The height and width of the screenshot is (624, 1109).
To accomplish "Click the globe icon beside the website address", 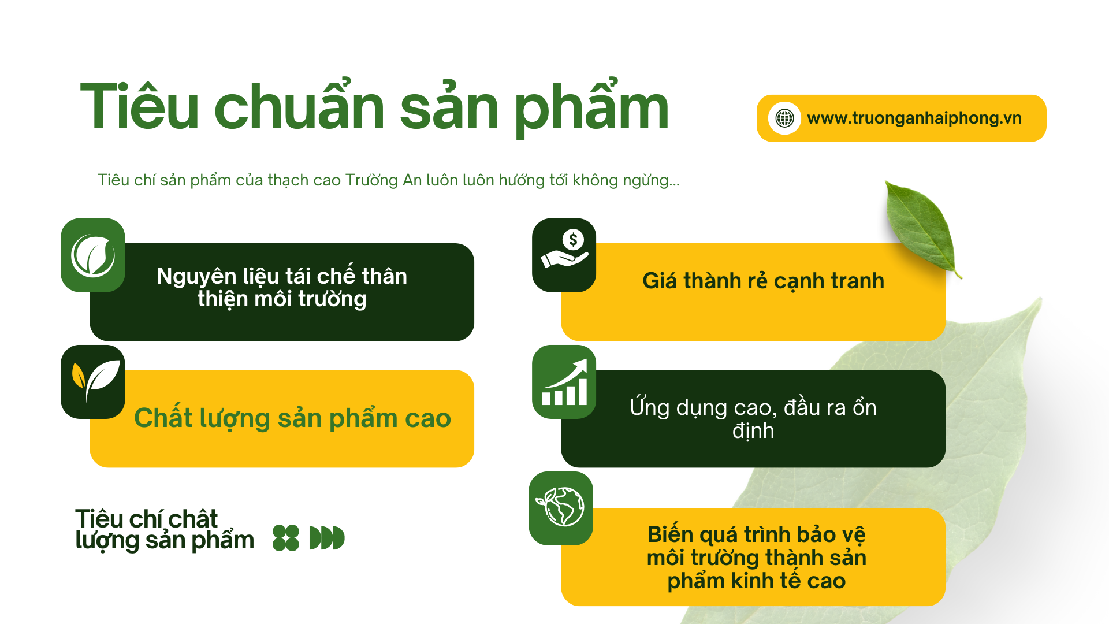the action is [x=784, y=118].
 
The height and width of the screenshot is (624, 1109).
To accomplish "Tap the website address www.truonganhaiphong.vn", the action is [x=914, y=118].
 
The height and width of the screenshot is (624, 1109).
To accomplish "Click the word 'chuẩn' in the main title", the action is [x=300, y=104].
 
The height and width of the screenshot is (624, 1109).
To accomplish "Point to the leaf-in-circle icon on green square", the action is [x=93, y=255].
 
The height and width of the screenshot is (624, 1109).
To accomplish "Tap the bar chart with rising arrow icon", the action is [x=564, y=382].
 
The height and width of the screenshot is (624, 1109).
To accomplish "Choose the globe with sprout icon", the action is [x=560, y=507].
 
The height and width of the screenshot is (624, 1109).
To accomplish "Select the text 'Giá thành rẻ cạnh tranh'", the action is [x=764, y=281].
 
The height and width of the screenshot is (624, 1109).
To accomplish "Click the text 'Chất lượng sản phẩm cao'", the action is [x=292, y=418].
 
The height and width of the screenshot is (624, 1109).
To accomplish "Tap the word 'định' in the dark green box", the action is [x=753, y=431].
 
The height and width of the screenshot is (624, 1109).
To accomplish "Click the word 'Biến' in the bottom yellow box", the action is [x=670, y=534].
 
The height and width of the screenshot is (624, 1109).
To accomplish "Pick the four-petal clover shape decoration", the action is [x=286, y=538].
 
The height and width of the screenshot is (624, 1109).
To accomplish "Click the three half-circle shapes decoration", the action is [x=327, y=538].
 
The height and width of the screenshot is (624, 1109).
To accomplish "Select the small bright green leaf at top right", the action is [x=922, y=228].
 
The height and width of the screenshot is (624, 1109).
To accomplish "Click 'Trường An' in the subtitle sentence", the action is [x=384, y=180].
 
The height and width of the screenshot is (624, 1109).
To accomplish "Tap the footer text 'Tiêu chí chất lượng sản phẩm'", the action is [x=165, y=530].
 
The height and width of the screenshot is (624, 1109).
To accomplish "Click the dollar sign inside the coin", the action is [x=573, y=239].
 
